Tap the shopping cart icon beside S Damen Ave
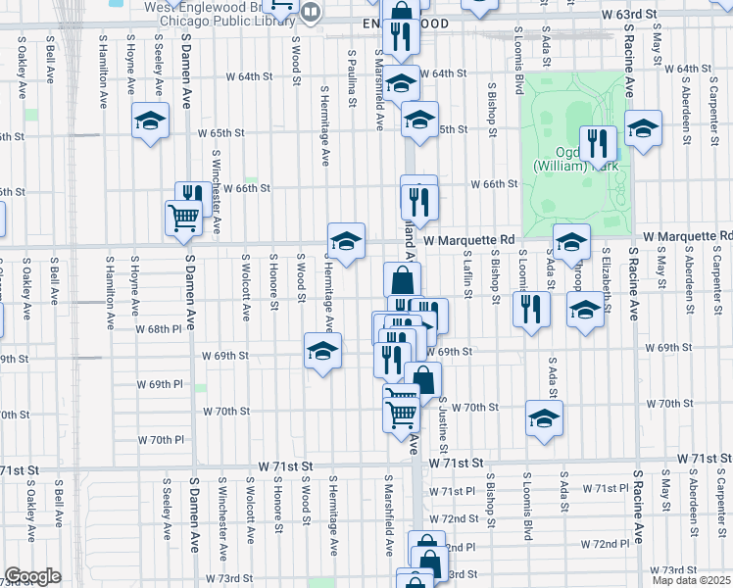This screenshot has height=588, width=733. click(183, 218)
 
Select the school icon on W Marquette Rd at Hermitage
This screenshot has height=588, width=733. click(346, 241)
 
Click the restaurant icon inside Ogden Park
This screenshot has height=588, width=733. click(598, 144)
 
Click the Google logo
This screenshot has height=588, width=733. click(32, 576)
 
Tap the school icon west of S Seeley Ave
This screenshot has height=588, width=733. click(150, 121)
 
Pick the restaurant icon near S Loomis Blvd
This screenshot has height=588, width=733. click(531, 310)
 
